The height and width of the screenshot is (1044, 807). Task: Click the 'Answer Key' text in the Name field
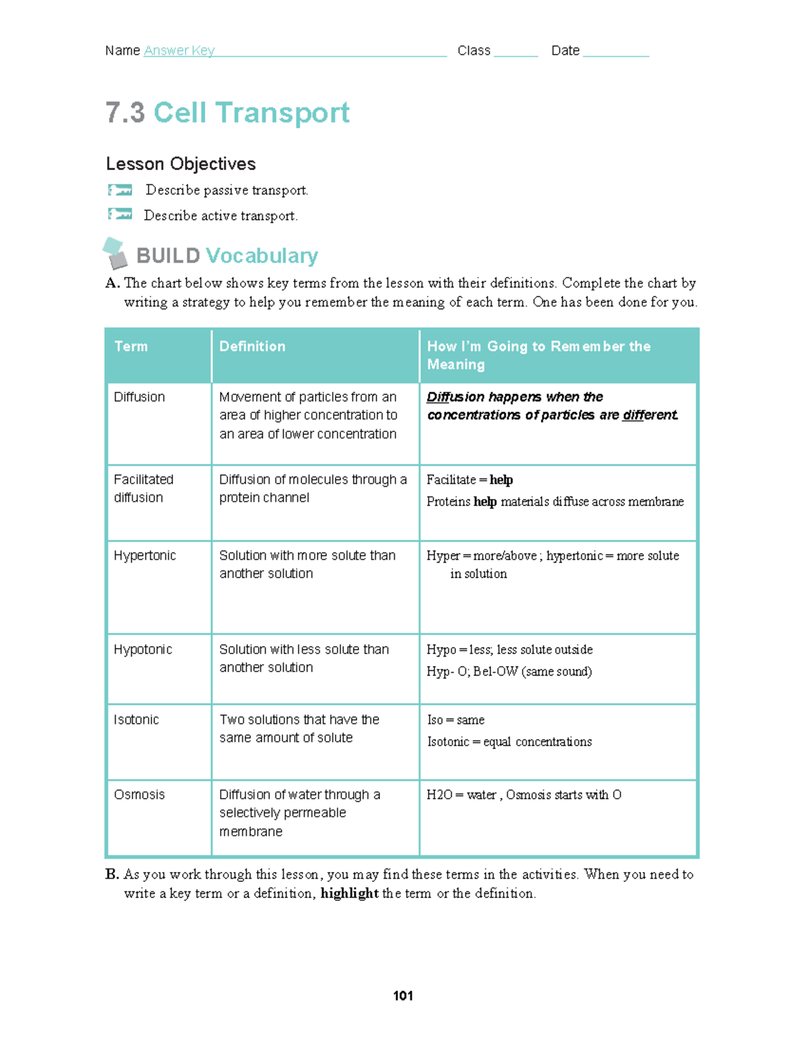click(179, 50)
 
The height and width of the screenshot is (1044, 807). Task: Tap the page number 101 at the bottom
click(403, 996)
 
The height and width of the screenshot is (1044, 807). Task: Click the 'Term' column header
click(131, 346)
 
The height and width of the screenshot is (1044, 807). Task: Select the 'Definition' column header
click(252, 346)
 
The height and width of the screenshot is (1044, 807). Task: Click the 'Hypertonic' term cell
click(145, 555)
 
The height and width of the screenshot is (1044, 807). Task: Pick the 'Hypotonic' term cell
click(143, 649)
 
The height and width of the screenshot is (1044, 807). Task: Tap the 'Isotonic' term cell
click(137, 719)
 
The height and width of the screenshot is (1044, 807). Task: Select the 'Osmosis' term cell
click(139, 795)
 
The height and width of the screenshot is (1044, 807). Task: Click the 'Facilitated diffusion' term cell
click(143, 488)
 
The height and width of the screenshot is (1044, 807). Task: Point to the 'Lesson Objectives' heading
click(181, 164)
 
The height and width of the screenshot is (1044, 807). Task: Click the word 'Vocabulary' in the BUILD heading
click(262, 255)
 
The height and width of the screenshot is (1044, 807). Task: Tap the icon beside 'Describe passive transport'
click(120, 190)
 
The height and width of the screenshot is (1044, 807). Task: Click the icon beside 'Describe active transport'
click(120, 214)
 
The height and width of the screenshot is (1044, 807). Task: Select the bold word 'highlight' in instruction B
click(349, 893)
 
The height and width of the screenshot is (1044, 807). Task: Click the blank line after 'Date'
click(615, 52)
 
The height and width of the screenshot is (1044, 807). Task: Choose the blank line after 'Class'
click(515, 52)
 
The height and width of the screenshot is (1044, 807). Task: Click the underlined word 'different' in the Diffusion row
click(649, 415)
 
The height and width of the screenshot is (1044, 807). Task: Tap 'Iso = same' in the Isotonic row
click(456, 720)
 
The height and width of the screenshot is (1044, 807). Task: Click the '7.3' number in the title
click(125, 112)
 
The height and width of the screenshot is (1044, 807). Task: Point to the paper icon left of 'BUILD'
click(115, 253)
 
